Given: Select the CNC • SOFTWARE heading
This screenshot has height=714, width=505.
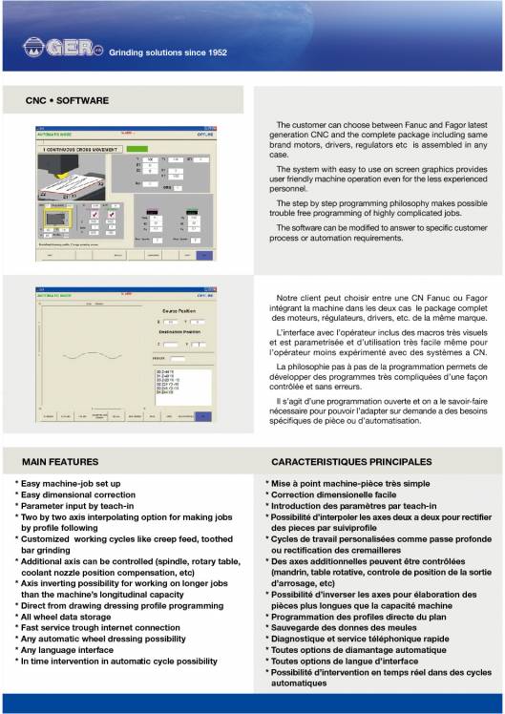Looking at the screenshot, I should (67, 100).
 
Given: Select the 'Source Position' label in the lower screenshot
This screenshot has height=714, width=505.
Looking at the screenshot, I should (168, 311).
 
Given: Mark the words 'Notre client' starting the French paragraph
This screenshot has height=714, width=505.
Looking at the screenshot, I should (298, 299).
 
